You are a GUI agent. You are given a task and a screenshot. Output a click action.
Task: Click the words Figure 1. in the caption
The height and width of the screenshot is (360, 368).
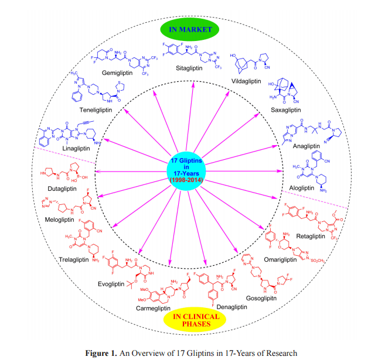[101, 352]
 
